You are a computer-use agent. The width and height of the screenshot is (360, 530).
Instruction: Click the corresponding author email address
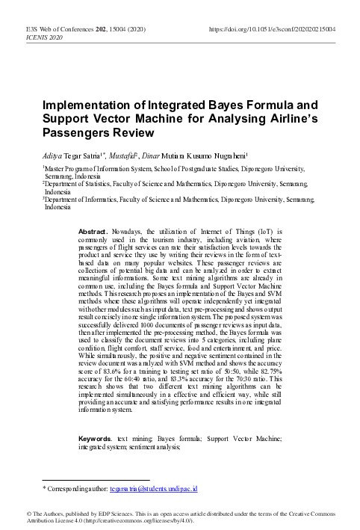tap(152, 488)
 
